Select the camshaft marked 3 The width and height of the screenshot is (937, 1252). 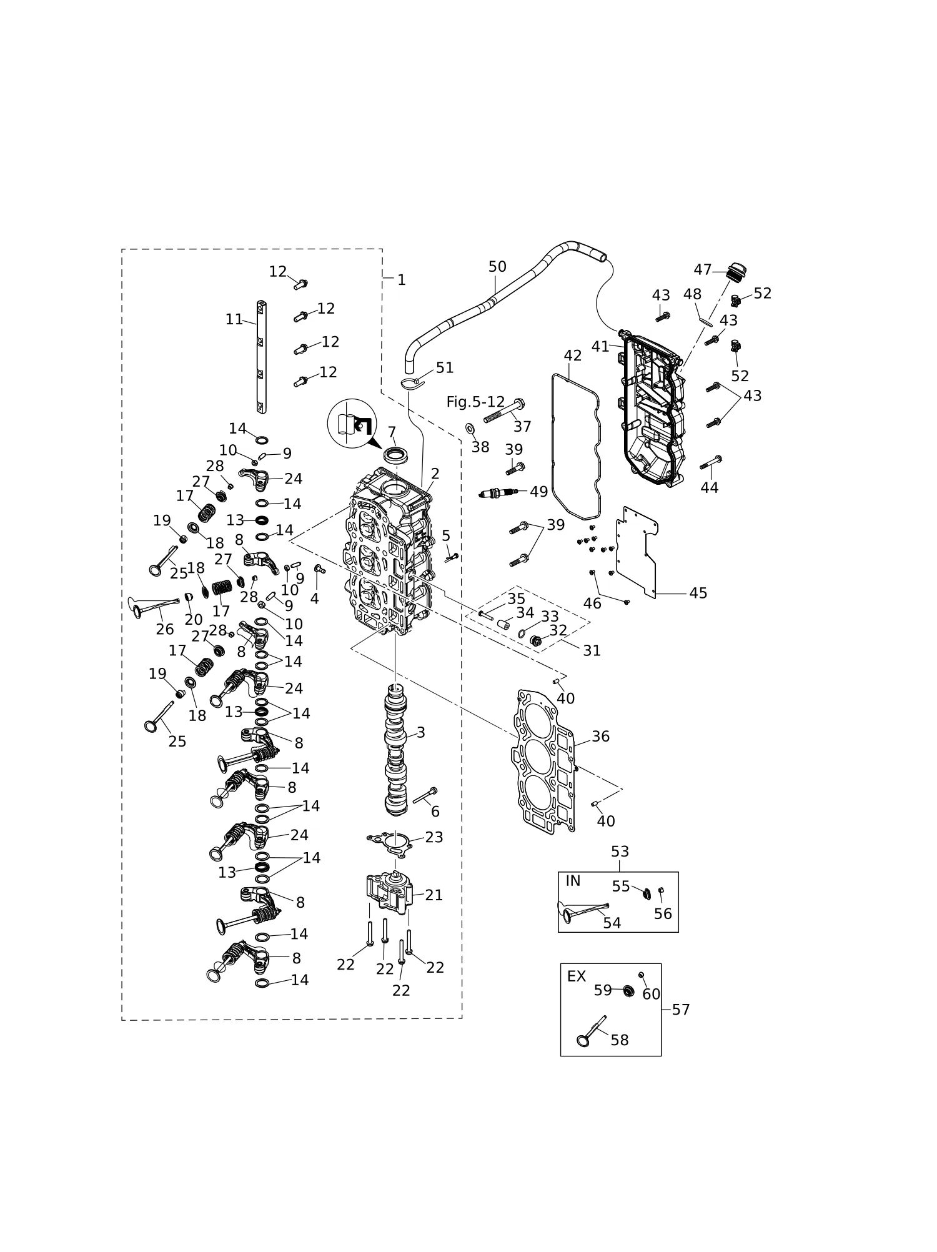click(395, 750)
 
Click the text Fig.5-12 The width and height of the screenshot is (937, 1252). click(475, 402)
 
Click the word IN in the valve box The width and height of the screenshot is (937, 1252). click(573, 881)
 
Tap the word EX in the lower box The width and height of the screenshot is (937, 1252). click(576, 976)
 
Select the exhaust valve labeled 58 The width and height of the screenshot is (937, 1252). click(592, 1031)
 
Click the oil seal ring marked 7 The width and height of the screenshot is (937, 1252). click(394, 454)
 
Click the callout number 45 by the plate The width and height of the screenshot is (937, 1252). click(698, 593)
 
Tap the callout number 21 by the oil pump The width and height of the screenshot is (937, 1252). click(434, 895)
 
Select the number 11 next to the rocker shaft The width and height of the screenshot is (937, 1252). click(234, 319)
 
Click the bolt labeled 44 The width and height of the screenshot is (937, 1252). click(711, 462)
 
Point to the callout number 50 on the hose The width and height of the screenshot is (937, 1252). click(497, 267)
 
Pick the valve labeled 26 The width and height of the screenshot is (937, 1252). click(153, 606)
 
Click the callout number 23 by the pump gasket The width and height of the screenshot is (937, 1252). click(434, 837)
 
